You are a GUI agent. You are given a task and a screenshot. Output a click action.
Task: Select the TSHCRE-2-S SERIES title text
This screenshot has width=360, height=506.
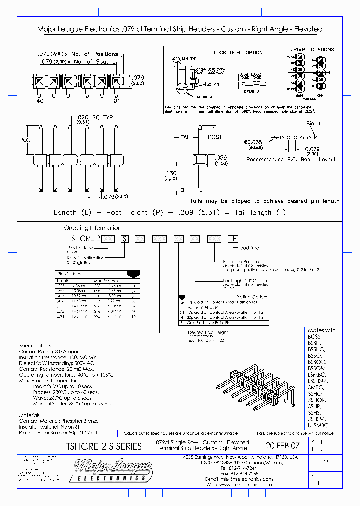click(x=100, y=446)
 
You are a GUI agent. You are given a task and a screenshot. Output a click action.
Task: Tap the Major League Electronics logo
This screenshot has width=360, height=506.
click(x=113, y=470)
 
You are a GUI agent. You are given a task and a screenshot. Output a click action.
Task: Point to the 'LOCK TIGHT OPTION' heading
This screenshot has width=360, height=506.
click(x=238, y=52)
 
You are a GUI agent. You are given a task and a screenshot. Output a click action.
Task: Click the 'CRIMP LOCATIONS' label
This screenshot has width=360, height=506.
click(x=312, y=50)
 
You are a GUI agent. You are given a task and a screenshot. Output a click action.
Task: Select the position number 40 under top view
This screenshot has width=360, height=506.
click(x=40, y=101)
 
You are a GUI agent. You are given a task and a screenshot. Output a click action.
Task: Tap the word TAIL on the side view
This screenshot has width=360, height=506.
click(x=186, y=137)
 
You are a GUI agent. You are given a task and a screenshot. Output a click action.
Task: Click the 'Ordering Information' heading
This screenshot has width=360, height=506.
click(x=92, y=228)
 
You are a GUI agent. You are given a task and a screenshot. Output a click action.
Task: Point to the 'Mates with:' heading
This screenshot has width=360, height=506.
click(x=323, y=330)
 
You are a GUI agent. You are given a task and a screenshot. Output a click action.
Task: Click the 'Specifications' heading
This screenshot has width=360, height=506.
click(x=35, y=346)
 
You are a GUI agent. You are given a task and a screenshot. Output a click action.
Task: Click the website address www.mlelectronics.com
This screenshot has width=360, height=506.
click(x=246, y=484)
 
